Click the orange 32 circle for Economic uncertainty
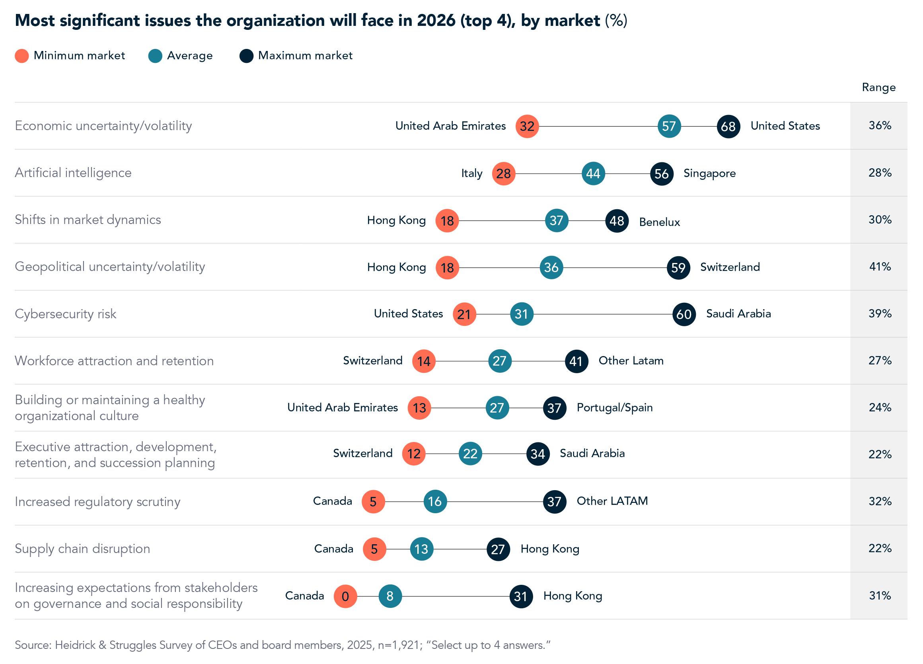point(527,126)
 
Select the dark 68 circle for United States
point(728,127)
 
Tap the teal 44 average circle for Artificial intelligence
point(593,174)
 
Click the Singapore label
point(709,173)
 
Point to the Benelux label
point(659,222)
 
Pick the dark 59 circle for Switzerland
point(678,268)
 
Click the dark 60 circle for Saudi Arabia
point(684,314)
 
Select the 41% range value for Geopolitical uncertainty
point(880,267)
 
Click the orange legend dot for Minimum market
point(21,56)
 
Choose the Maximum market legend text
point(305,55)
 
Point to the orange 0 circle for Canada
point(345,596)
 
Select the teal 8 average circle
point(390,596)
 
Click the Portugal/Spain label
point(614,408)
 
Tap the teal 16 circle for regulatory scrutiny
point(434,502)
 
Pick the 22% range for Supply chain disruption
point(880,549)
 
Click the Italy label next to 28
point(471,174)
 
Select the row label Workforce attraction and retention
point(114,361)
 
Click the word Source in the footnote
point(33,645)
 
